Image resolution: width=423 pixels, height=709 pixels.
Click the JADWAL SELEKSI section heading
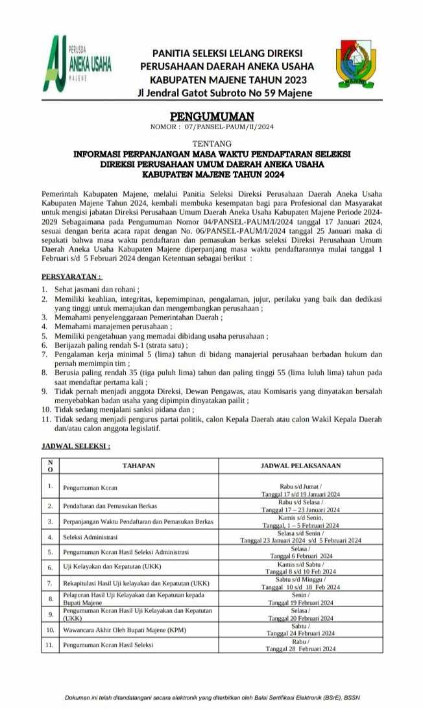point(75,447)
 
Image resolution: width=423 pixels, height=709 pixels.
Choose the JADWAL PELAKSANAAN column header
point(300,466)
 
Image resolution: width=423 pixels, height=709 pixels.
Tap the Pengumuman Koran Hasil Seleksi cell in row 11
point(108,645)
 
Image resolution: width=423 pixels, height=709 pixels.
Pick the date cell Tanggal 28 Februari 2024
point(300,649)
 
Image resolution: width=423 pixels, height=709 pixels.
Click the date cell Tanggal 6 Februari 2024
point(300,556)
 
